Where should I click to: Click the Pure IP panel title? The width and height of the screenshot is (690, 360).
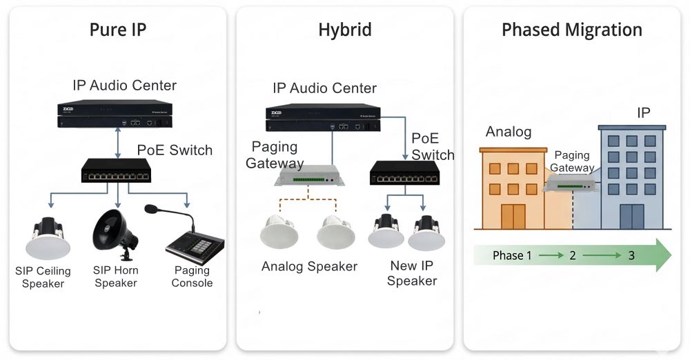118,30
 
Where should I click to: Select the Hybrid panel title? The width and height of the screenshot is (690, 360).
344,30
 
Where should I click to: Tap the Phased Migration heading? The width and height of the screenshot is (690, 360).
571,30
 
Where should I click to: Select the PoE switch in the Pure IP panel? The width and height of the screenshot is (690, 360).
115,170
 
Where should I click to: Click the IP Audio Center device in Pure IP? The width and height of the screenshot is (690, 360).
115,115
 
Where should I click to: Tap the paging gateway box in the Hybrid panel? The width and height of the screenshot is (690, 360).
309,177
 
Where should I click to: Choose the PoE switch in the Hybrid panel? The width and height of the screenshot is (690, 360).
404,173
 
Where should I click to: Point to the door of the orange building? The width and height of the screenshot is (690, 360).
512,215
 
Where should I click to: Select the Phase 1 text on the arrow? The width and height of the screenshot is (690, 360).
512,256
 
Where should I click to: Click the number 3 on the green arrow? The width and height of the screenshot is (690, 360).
631,256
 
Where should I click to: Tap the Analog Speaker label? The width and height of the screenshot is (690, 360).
309,266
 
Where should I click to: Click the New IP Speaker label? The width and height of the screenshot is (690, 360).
413,273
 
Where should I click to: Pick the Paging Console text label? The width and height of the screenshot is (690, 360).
192,277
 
